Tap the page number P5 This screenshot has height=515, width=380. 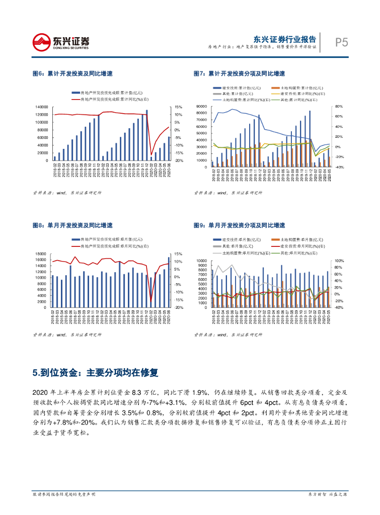(342, 43)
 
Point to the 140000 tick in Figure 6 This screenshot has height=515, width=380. (42, 107)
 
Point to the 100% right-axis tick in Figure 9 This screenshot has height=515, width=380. (339, 261)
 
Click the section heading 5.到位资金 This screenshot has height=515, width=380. (95, 373)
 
